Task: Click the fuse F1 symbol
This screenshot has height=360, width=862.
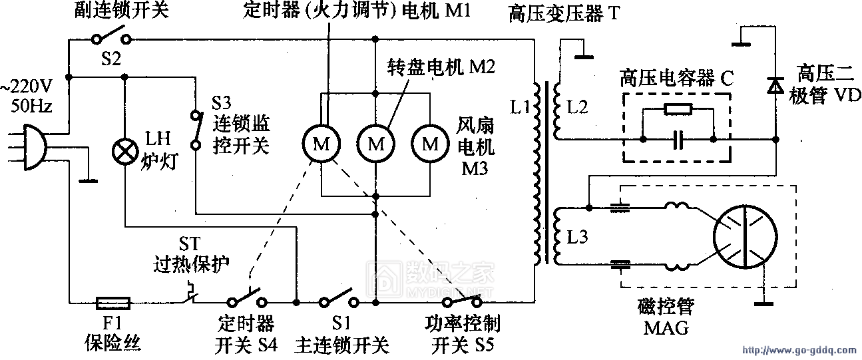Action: click(113, 303)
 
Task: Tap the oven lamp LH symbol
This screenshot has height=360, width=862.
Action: click(124, 152)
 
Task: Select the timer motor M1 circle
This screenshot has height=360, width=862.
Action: click(321, 143)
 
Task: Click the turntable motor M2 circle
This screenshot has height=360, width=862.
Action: click(376, 143)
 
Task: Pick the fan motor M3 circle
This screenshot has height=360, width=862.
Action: click(431, 143)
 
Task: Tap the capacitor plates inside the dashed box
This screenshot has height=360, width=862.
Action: click(678, 140)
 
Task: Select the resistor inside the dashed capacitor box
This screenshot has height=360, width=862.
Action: click(678, 110)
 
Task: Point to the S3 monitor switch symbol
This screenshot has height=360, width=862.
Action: click(196, 129)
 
